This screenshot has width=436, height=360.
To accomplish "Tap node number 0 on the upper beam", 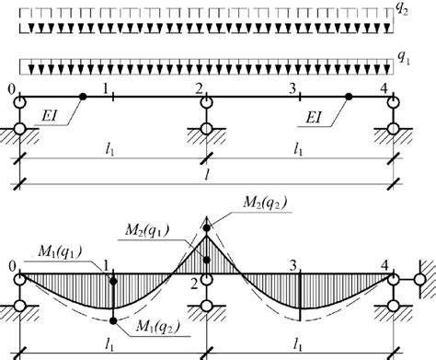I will [11, 89].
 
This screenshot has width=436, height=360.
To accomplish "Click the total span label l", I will [204, 173].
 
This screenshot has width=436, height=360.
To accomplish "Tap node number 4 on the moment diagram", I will [385, 265].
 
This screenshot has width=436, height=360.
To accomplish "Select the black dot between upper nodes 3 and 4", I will [348, 96].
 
